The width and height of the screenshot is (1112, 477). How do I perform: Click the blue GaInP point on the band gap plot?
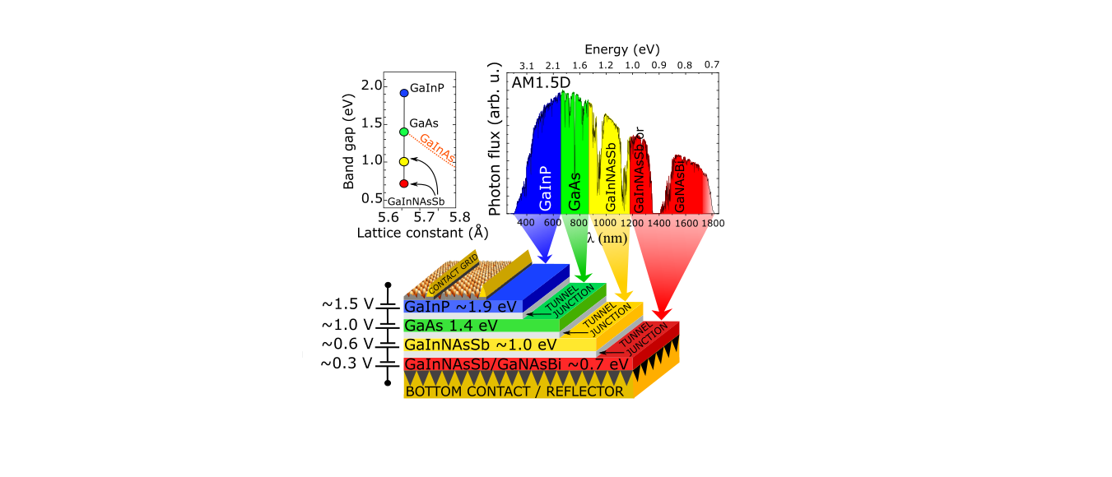click(404, 93)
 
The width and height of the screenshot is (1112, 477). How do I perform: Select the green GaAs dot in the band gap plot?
click(404, 132)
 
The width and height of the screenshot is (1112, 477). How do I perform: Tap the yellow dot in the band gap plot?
click(404, 162)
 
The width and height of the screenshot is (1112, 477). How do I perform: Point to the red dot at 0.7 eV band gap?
click(404, 183)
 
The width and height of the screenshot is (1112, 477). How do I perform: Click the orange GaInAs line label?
click(436, 149)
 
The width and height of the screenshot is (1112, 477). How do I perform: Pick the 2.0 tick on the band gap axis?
click(371, 86)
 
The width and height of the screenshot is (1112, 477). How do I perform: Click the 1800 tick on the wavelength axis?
click(713, 223)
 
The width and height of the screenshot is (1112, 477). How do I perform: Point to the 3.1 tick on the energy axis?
click(527, 66)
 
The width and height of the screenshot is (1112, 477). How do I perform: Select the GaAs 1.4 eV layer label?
click(453, 326)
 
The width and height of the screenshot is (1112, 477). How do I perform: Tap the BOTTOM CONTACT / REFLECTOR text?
click(514, 391)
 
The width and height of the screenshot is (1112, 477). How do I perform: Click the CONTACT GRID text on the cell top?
click(458, 267)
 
